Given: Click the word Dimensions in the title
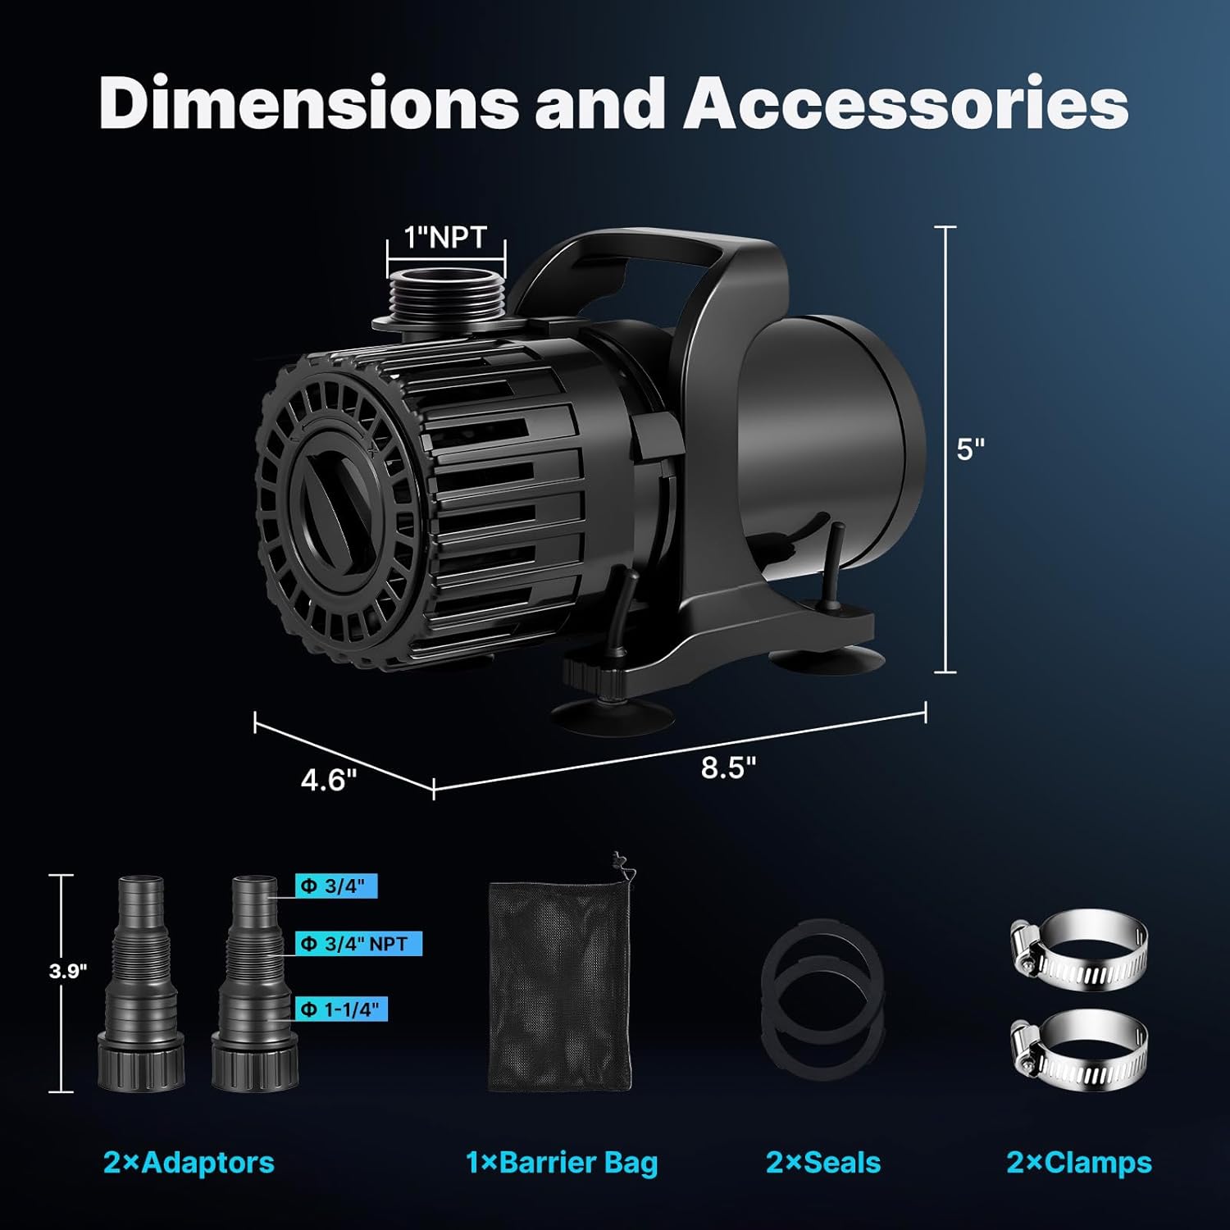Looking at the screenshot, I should (x=308, y=104).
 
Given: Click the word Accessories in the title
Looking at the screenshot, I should (x=906, y=104).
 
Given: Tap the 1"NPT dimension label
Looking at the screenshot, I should (x=446, y=237).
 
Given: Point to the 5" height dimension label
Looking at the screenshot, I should (x=970, y=449).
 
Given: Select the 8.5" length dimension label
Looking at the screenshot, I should (x=728, y=768).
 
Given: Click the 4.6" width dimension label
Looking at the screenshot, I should (x=329, y=780).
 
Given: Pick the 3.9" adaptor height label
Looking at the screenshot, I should (x=68, y=972).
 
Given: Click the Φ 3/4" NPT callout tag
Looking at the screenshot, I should (x=358, y=944).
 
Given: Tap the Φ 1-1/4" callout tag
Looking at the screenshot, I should (x=341, y=1009).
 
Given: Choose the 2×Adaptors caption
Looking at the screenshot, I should (x=189, y=1163).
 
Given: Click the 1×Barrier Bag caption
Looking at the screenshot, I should (x=562, y=1163).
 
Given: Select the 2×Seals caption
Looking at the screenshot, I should (x=823, y=1163).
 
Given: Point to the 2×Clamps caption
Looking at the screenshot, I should (x=1079, y=1163).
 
